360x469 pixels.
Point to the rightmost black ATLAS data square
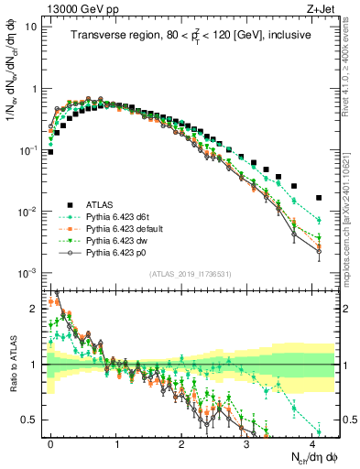coord(319,197)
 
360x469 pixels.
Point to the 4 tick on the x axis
coord(312,441)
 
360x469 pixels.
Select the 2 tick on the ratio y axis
coord(38,309)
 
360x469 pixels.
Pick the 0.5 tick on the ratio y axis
coord(34,420)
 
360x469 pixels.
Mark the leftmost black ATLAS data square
coord(50,152)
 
